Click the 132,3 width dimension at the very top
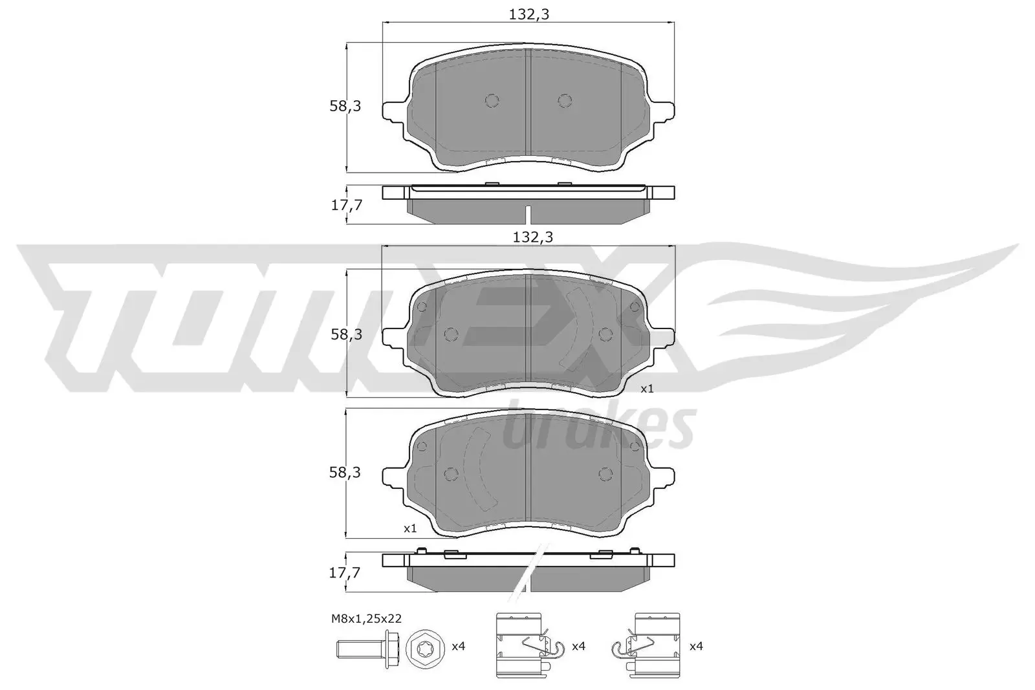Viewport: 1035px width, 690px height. click(528, 15)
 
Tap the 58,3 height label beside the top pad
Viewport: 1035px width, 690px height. click(345, 106)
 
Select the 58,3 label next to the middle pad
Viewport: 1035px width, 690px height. click(346, 334)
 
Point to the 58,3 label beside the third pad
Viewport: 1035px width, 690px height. click(345, 473)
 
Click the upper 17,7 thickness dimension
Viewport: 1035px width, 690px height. click(346, 205)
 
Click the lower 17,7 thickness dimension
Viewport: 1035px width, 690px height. click(346, 572)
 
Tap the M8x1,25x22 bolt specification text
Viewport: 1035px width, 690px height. click(366, 618)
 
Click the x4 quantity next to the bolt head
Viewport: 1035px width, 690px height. click(458, 647)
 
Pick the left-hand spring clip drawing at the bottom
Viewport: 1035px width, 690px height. click(523, 644)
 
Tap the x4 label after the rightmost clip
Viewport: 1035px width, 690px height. click(696, 645)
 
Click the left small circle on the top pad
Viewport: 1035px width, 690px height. click(492, 100)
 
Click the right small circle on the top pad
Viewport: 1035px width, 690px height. click(565, 100)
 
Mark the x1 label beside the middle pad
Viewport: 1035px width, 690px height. click(647, 389)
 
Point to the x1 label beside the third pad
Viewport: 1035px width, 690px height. click(410, 528)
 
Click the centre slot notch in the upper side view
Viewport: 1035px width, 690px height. click(528, 213)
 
